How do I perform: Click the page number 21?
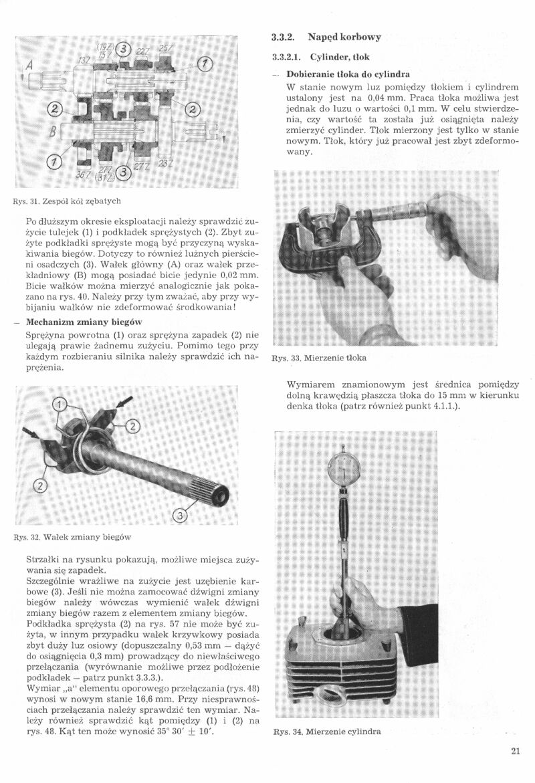coord(515,750)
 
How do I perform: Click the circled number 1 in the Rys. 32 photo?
coord(61,405)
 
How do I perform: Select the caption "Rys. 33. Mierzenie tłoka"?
coord(319,358)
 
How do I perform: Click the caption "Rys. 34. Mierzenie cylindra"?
coord(327,732)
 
